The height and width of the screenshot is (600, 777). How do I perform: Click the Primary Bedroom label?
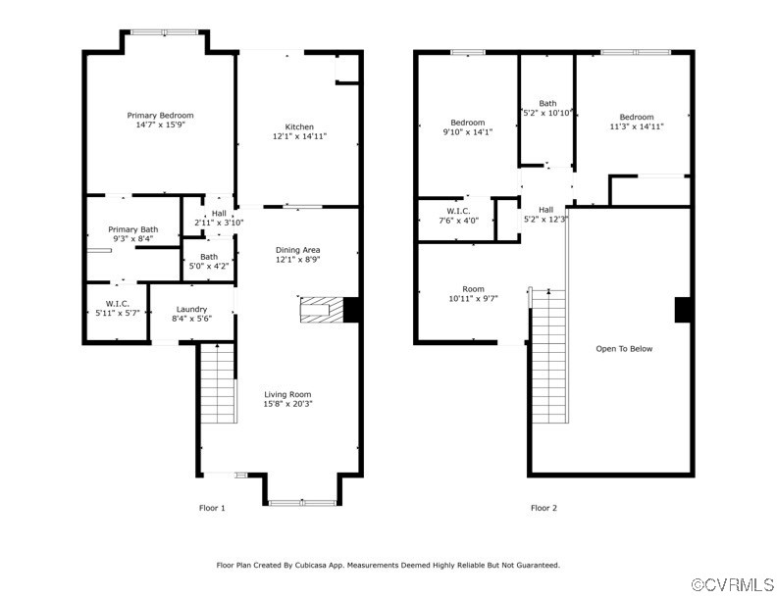point(160,116)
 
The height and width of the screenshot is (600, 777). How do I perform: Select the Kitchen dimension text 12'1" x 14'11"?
point(300,136)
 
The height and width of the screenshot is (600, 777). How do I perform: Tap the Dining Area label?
point(298,250)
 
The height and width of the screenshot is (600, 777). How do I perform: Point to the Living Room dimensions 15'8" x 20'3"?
point(287,404)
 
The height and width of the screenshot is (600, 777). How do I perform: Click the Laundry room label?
point(191,310)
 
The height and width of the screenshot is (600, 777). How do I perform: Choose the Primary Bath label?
point(133,229)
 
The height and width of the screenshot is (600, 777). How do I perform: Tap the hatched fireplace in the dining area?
point(322,310)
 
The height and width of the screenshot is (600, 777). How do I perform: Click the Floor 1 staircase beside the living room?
point(218,383)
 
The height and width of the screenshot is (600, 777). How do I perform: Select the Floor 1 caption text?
point(212,508)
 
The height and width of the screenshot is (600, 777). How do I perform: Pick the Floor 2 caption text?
point(544,508)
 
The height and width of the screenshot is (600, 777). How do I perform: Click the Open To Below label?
point(624,349)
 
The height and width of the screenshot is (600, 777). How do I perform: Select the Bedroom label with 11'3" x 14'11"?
point(637,118)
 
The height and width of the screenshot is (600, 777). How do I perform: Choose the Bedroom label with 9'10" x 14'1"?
point(468,123)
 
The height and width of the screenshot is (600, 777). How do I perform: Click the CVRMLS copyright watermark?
point(733,584)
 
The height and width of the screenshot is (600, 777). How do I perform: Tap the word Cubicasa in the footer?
point(311,565)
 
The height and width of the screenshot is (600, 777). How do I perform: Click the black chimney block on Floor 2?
point(683,310)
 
